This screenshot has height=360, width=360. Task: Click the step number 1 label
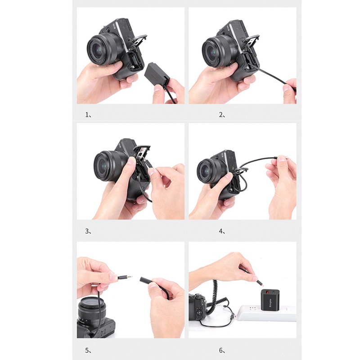[88, 115]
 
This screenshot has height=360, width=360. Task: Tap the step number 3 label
[88, 232]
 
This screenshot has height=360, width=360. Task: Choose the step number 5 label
[88, 350]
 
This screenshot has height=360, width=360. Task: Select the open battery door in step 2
[252, 43]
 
